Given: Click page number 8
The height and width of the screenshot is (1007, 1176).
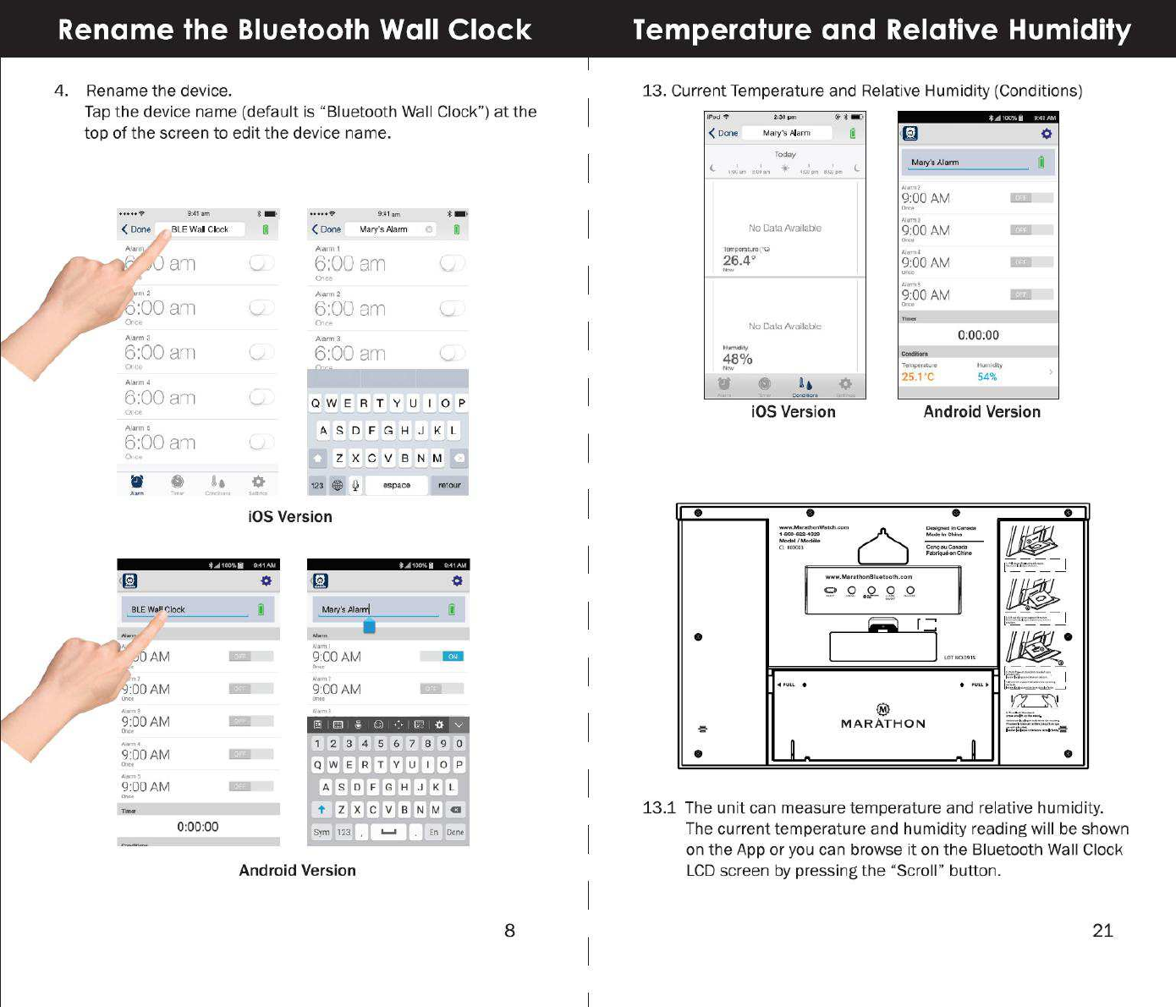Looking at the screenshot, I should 509,931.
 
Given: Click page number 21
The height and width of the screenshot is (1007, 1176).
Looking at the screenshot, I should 1102,931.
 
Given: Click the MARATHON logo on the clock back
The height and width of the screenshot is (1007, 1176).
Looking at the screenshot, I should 882,723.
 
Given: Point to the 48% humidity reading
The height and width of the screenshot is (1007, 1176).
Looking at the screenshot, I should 737,359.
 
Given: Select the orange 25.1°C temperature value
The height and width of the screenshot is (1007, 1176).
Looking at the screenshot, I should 918,377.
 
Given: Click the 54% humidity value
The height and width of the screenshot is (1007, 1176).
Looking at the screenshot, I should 987,377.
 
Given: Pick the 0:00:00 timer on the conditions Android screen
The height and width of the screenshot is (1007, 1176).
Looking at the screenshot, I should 978,335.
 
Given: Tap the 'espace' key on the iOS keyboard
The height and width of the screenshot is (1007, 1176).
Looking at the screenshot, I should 396,485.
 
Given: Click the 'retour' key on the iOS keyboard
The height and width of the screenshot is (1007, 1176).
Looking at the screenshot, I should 449,485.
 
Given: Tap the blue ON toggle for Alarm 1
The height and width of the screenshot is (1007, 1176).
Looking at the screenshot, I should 453,656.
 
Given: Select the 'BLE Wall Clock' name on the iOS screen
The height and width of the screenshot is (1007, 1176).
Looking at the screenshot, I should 200,229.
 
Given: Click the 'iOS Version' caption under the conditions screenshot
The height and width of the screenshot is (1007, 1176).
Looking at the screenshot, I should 793,412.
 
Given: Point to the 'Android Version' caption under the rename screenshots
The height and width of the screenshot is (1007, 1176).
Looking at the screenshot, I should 297,870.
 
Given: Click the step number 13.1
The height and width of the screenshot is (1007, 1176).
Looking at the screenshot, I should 659,807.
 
